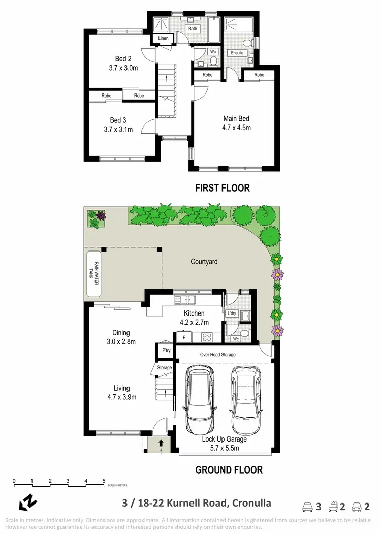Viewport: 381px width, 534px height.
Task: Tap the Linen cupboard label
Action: tap(163, 39)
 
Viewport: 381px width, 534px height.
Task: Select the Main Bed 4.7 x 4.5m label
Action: tap(237, 123)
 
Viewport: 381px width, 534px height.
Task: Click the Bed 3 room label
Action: tap(118, 120)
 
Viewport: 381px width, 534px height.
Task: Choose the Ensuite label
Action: tap(237, 53)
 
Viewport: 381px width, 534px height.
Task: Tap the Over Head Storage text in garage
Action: tap(217, 354)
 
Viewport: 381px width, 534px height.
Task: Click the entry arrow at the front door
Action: tap(161, 443)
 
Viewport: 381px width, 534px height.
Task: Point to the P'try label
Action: tap(166, 351)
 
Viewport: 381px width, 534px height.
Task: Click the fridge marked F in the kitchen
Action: tap(183, 336)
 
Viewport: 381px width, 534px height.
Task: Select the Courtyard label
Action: tap(204, 262)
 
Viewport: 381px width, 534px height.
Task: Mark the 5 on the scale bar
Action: tap(104, 480)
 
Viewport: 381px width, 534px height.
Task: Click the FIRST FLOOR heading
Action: tap(223, 188)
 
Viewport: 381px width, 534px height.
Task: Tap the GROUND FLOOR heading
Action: tap(229, 470)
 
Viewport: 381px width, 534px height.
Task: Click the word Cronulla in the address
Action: tap(251, 503)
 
